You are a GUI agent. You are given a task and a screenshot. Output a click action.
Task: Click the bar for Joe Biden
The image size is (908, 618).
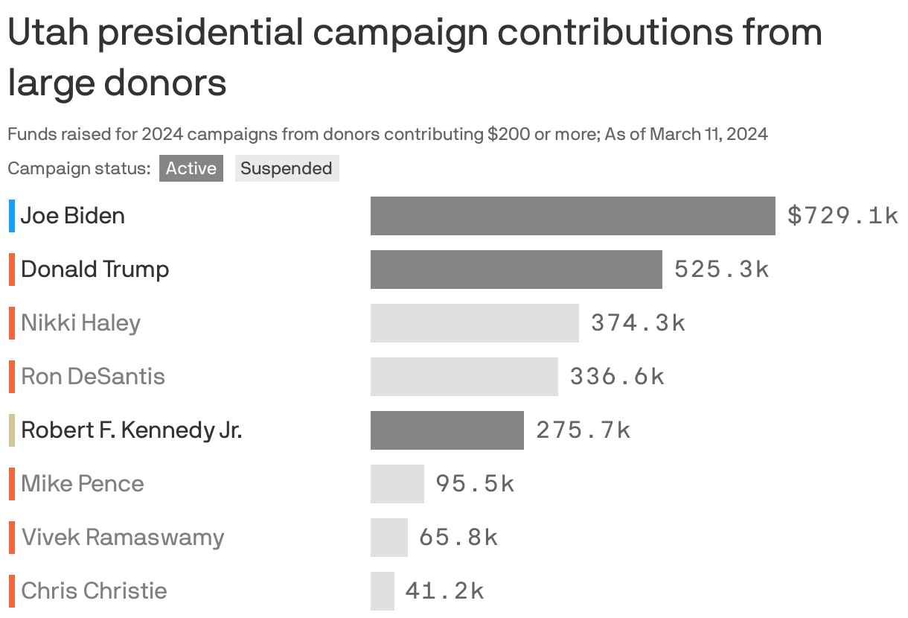point(572,216)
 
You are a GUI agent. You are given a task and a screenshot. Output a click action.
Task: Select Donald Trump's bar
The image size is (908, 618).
point(516,270)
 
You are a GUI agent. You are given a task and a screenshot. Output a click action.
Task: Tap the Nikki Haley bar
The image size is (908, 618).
point(474,323)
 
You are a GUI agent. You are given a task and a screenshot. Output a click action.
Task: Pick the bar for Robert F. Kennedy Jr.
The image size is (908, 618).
point(447,430)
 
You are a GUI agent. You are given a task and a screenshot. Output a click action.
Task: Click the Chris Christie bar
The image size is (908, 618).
point(382,591)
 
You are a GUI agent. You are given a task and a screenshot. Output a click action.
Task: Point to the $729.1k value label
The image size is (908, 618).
point(843,216)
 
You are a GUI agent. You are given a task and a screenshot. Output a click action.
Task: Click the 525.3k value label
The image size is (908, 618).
point(721,270)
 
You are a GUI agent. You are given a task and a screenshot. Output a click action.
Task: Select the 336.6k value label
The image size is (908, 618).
point(617,377)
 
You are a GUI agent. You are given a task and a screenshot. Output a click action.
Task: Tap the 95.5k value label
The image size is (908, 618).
point(475,484)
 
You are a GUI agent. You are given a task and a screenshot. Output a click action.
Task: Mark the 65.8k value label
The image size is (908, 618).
point(458,538)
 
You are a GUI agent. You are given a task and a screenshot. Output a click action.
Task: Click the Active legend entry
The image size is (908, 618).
point(191,168)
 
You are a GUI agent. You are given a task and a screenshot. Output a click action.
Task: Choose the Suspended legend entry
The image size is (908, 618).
point(287,168)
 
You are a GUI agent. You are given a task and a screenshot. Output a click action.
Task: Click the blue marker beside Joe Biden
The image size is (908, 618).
point(12,216)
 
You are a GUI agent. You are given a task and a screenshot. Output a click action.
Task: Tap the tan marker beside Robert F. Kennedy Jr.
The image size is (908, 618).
point(12,430)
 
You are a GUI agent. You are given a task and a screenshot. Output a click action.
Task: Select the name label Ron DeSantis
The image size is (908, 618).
point(93,377)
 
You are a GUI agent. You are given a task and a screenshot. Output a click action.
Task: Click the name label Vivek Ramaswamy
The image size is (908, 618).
point(123,538)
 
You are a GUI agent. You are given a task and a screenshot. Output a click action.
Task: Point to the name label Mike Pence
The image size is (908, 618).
point(83,484)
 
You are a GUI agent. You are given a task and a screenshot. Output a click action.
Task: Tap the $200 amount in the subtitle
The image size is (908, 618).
point(508,135)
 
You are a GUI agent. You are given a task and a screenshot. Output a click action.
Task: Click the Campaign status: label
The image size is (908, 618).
point(79,169)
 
